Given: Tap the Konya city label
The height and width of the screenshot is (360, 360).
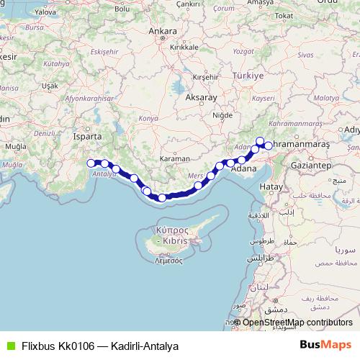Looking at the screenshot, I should point(148,117).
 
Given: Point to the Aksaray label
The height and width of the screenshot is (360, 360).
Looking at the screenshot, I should point(201,96).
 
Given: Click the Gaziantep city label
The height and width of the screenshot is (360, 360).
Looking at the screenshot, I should point(310,165).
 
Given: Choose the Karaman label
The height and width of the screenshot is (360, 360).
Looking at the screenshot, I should point(175,158).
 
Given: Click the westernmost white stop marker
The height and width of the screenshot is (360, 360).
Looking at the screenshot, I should point(91,163).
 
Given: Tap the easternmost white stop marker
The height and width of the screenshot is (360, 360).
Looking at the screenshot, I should point(269,145).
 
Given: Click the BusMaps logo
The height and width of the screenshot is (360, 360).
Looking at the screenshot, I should point(325,345).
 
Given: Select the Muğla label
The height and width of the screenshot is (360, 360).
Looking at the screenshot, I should point(14,146).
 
